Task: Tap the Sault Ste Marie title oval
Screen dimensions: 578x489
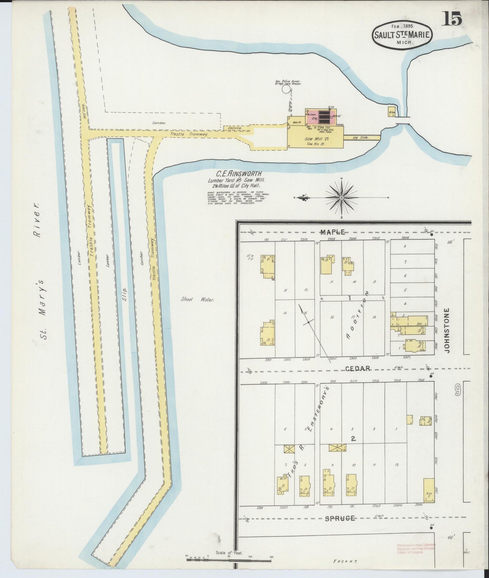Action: tap(402, 35)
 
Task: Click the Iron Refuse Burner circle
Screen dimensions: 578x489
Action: tap(287, 89)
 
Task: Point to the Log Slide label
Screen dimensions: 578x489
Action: tap(360, 138)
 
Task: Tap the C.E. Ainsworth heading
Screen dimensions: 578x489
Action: tap(236, 174)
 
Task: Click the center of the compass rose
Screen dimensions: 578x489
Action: tap(341, 197)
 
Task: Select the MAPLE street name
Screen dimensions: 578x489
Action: tap(333, 232)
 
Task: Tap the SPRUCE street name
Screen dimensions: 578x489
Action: tap(340, 518)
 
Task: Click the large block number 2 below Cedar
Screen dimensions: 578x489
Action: tap(353, 439)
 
